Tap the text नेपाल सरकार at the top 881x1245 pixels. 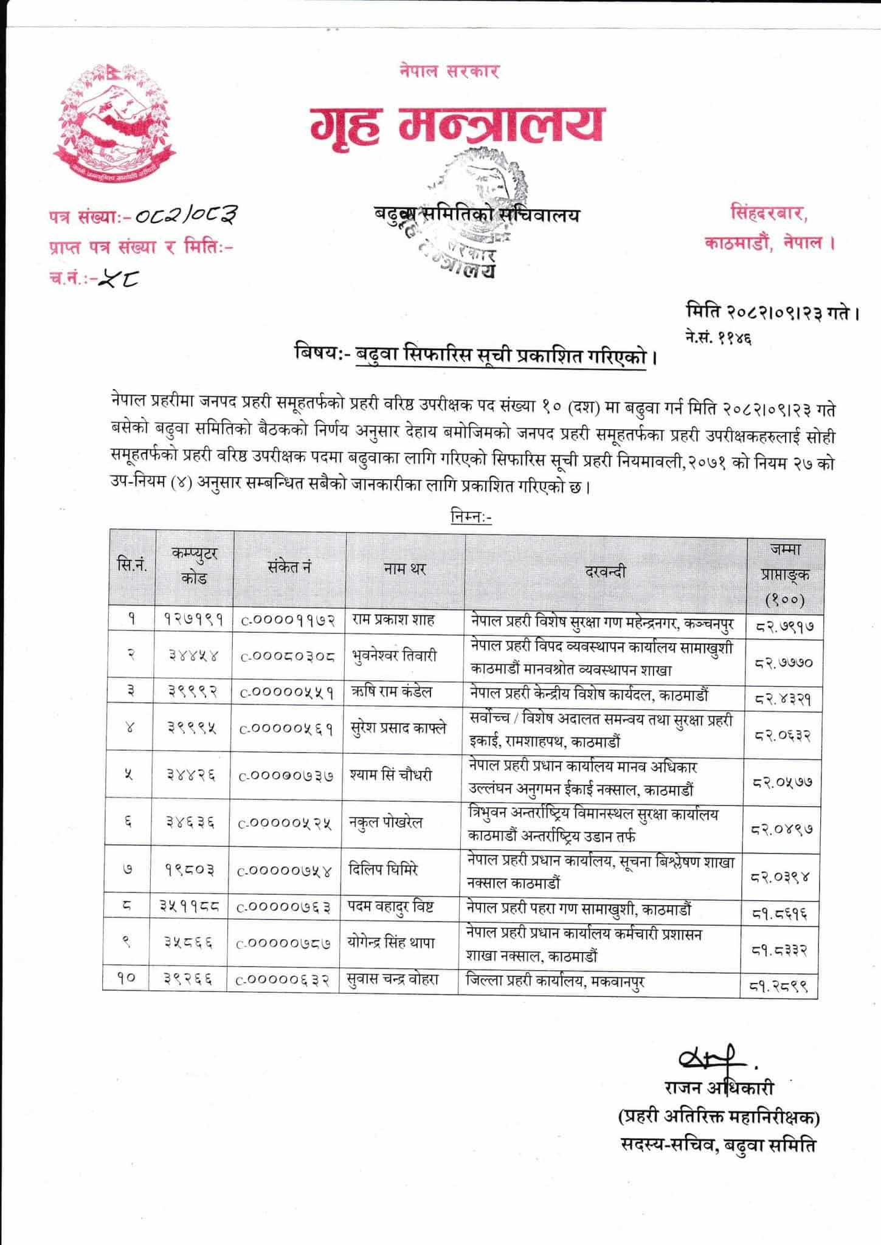click(449, 71)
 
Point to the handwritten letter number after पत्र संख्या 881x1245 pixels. click(185, 215)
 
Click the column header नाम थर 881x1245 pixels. click(405, 569)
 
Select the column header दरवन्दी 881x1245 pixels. click(605, 571)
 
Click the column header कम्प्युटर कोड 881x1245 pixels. click(195, 566)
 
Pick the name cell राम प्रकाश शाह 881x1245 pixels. click(393, 620)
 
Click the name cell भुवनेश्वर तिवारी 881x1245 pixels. click(394, 656)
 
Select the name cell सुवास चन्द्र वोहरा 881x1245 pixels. click(394, 980)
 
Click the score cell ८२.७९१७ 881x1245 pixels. click(784, 624)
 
